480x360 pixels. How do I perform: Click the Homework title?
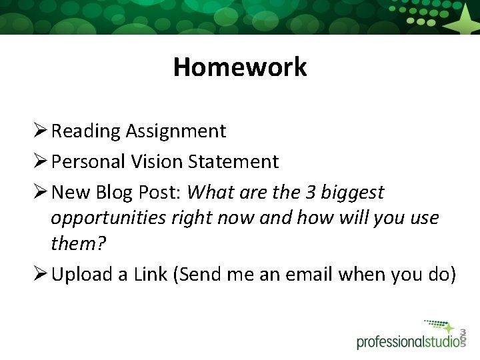point(240,67)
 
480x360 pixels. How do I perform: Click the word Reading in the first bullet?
point(84,131)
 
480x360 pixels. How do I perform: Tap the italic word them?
point(78,243)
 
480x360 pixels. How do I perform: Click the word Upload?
point(83,275)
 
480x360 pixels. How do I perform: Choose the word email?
point(307,274)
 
